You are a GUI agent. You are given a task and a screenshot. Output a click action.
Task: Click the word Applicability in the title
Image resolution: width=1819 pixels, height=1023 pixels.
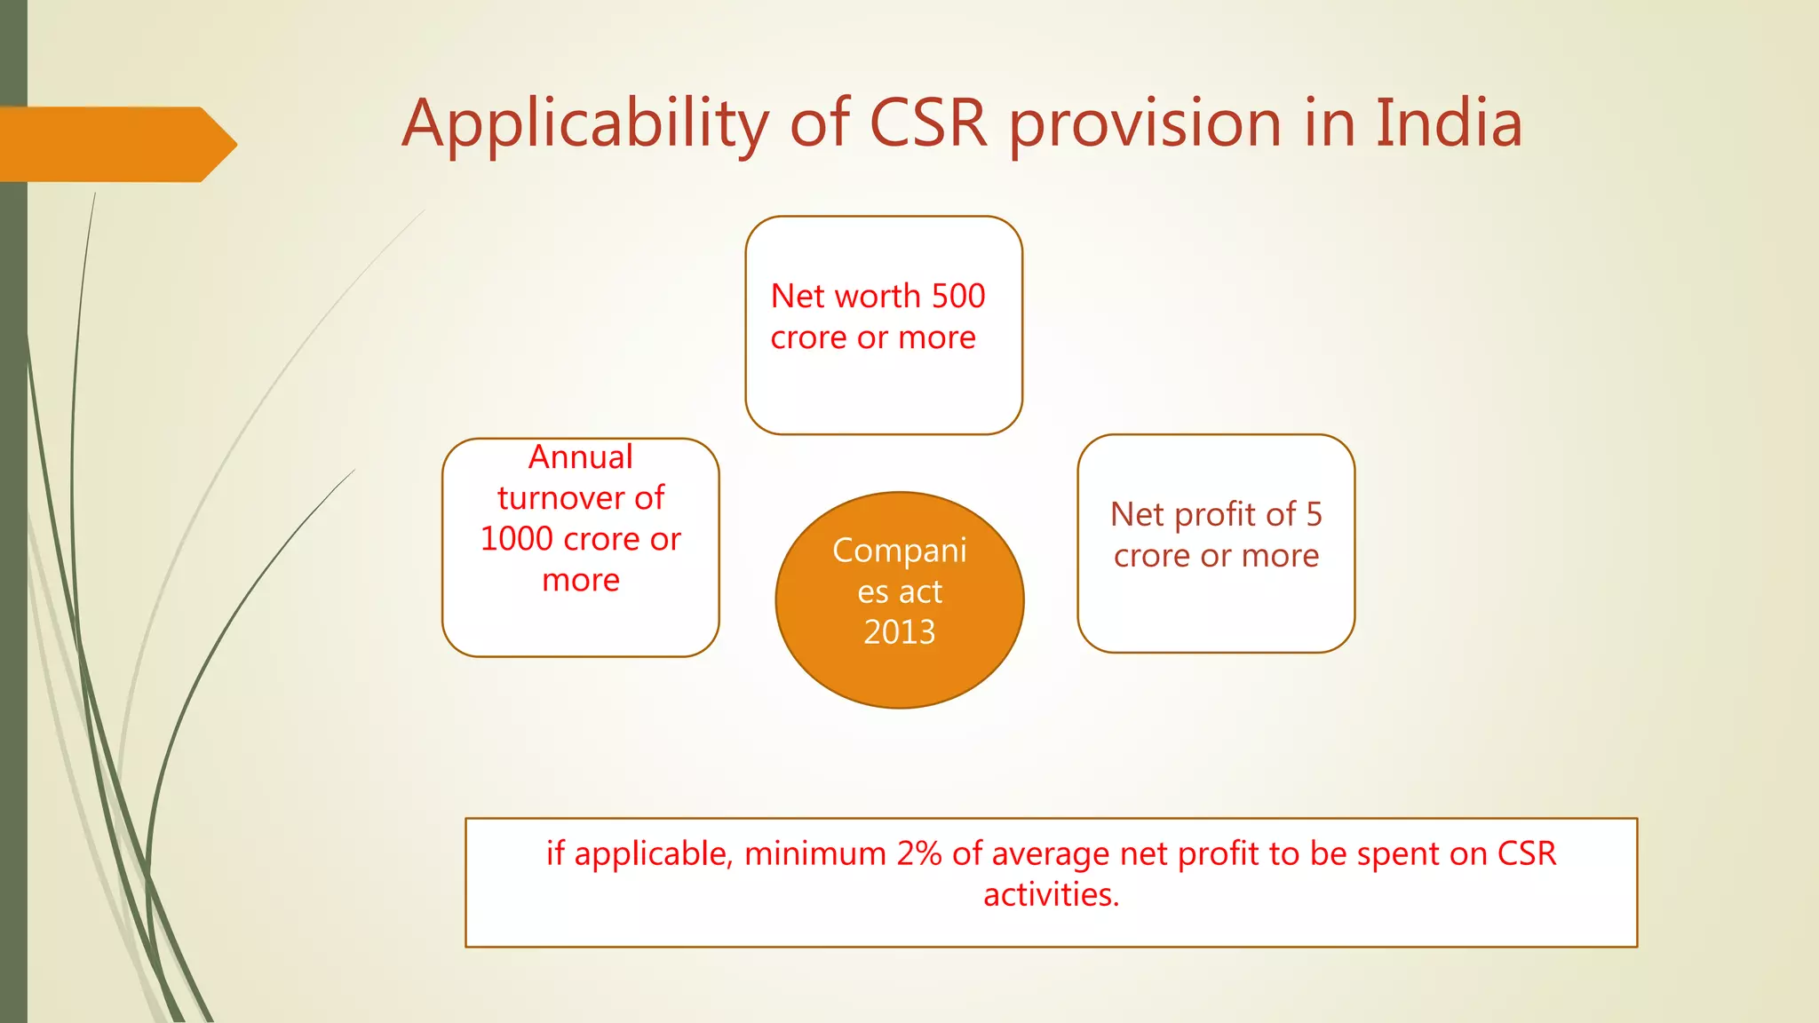pos(584,124)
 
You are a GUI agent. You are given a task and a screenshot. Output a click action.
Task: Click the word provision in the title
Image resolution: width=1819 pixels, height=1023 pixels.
pos(1145,124)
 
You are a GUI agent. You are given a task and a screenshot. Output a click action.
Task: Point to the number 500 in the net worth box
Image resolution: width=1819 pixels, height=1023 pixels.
pos(957,296)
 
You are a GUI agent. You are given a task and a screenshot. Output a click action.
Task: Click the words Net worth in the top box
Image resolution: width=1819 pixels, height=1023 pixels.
pos(832,296)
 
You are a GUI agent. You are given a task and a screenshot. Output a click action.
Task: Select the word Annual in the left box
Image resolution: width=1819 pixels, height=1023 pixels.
pos(580,457)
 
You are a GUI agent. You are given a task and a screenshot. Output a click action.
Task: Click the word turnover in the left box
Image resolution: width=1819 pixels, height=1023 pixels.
pos(564,498)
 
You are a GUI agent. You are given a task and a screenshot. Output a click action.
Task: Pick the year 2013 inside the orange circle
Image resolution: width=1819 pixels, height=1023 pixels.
pos(899,632)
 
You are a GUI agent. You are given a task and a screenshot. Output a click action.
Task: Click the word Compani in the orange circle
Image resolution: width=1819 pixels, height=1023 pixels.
pos(899,551)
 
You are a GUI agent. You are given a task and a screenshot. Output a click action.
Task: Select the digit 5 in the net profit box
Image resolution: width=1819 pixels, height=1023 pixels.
pos(1314,514)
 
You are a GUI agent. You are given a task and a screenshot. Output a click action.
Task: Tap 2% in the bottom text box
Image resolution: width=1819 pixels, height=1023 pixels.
pos(918,853)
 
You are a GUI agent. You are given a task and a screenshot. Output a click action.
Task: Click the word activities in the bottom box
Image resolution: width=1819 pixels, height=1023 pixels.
pos(1050,894)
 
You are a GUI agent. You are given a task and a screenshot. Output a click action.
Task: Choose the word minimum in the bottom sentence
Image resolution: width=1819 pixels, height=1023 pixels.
pos(814,853)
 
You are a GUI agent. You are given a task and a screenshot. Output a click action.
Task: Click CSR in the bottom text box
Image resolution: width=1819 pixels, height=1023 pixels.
pos(1526,853)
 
